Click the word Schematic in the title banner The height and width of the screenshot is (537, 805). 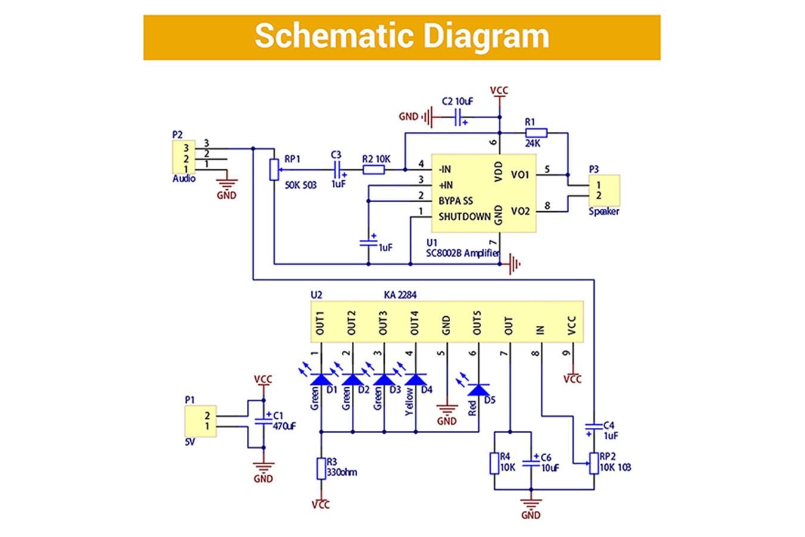tap(330, 36)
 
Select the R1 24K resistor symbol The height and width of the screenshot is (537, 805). tap(535, 133)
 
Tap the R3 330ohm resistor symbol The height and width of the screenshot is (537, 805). tap(321, 468)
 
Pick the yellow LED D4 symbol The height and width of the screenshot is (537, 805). tap(416, 379)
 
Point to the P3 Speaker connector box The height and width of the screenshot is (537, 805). tap(604, 190)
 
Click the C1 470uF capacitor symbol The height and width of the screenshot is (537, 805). tap(263, 421)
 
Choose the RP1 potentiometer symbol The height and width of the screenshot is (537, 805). tap(274, 169)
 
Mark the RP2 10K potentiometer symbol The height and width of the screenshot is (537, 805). tap(594, 464)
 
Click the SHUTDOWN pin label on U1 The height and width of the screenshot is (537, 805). tap(465, 217)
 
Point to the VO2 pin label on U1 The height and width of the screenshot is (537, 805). tap(520, 211)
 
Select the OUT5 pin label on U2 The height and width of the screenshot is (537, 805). tap(477, 323)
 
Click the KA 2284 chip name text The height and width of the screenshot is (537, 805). tap(400, 295)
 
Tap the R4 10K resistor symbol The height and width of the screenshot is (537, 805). tap(494, 464)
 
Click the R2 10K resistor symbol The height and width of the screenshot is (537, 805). tap(374, 169)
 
